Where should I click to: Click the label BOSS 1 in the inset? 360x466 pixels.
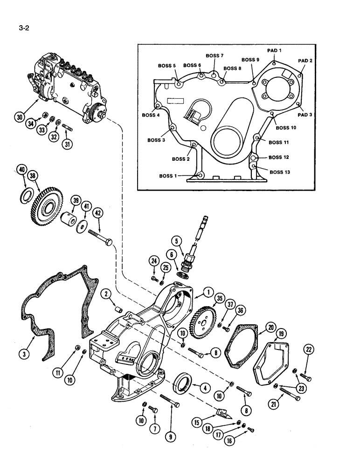coord(169,176)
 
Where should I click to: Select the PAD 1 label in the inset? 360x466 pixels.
coord(274,50)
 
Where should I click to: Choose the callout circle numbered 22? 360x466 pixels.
coord(309,349)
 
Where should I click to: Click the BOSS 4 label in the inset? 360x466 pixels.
coord(151,114)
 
